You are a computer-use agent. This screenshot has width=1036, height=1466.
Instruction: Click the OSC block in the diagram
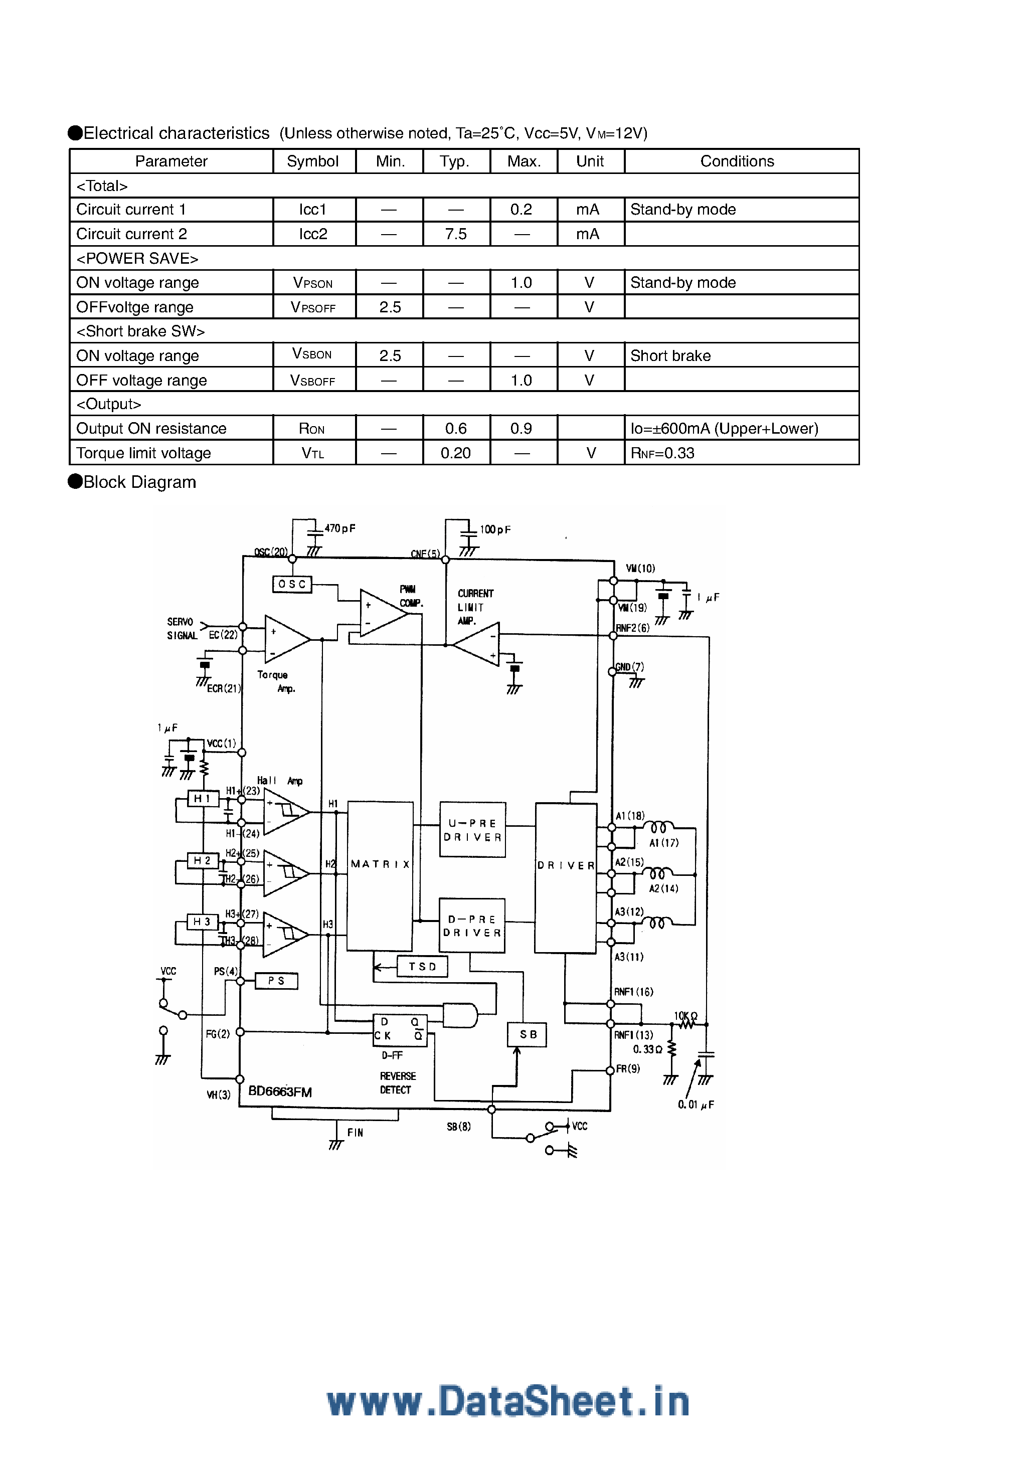tap(292, 584)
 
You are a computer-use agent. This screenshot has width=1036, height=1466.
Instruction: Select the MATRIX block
tap(380, 875)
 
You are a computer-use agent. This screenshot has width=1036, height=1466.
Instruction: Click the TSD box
tap(422, 967)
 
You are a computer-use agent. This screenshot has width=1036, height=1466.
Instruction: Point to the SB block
tap(528, 1034)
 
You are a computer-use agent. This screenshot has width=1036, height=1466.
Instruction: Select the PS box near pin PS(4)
tap(276, 981)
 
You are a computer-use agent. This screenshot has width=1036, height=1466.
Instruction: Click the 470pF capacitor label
tap(340, 528)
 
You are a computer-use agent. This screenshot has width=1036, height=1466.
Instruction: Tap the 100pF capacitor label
tap(495, 530)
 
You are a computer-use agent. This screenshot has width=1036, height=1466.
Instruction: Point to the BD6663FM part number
tap(280, 1091)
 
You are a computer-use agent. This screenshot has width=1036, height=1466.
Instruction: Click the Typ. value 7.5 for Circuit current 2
tap(456, 234)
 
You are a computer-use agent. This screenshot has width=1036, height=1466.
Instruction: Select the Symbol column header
tap(313, 161)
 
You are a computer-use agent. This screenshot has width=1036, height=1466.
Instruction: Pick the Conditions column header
tap(737, 161)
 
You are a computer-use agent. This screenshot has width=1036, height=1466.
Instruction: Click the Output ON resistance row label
tap(151, 429)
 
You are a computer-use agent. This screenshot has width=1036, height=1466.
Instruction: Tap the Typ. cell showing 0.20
tap(456, 453)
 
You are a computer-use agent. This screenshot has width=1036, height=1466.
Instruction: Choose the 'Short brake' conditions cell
tap(670, 355)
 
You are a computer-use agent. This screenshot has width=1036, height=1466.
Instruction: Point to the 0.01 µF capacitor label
tap(696, 1105)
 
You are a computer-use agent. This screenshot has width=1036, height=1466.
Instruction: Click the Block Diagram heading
tap(139, 482)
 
